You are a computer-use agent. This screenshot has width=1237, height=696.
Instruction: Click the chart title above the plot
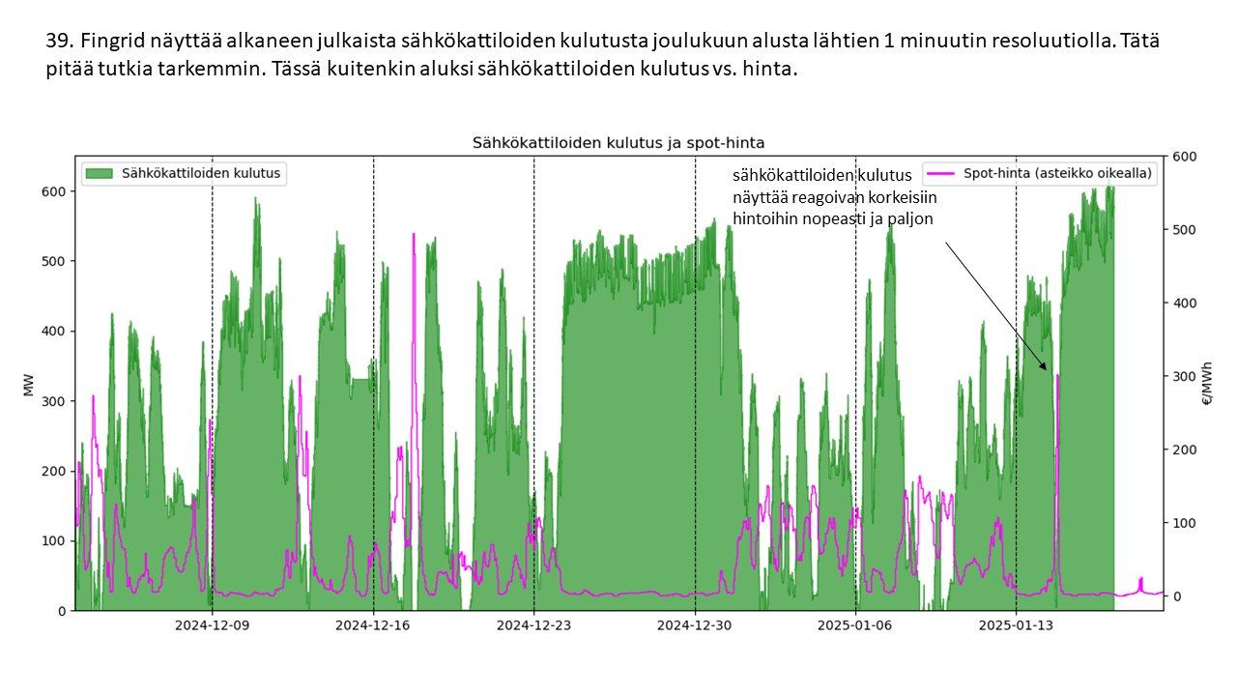click(x=618, y=142)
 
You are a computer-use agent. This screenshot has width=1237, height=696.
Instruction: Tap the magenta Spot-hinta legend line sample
click(x=943, y=173)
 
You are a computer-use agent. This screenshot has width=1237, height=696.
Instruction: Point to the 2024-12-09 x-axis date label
click(x=212, y=624)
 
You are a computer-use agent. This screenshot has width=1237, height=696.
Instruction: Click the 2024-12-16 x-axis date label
click(x=373, y=624)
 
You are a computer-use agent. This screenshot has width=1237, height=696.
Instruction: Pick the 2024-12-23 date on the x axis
click(x=533, y=624)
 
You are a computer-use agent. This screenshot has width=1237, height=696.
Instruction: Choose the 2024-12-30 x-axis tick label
click(x=695, y=624)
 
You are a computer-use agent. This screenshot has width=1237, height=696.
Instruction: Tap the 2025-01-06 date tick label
click(x=855, y=624)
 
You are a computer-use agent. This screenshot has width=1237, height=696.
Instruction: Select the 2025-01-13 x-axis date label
click(x=1016, y=624)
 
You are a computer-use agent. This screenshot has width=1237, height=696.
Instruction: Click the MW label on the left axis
click(x=29, y=384)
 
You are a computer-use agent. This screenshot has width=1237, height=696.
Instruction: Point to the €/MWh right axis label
click(x=1206, y=384)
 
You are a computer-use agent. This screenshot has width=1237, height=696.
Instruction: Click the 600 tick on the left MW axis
click(x=53, y=191)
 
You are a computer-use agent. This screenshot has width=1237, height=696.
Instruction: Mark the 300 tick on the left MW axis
click(x=53, y=401)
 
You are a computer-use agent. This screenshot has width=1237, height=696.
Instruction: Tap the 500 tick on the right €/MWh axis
click(x=1183, y=230)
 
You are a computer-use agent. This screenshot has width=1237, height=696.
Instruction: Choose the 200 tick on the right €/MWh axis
click(x=1183, y=449)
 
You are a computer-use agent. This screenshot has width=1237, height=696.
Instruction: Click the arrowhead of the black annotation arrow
click(x=1044, y=367)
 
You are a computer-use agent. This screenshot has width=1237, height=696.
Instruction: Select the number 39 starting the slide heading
click(x=57, y=42)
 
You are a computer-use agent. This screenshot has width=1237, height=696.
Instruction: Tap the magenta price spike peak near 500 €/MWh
click(x=414, y=235)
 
